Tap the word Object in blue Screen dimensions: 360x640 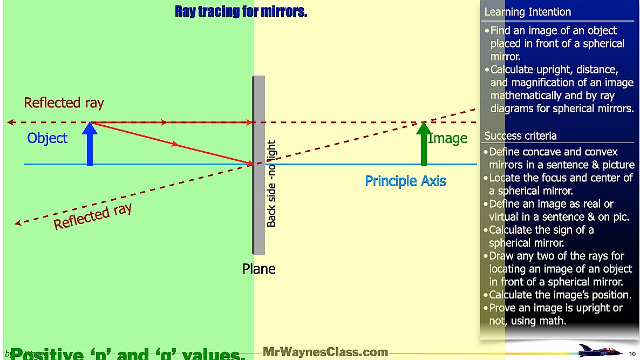point(47,138)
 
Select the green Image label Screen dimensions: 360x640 point(448,138)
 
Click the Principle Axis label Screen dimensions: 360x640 point(405,181)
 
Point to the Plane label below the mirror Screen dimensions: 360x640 point(258,269)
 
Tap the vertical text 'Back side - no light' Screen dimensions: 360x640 point(271,184)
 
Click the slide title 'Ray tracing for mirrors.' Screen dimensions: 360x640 point(241,11)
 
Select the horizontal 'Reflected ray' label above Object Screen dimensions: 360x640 point(64,103)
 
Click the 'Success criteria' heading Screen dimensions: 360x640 point(520,135)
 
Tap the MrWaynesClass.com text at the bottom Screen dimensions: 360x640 point(325,352)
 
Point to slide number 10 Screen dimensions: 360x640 point(632,354)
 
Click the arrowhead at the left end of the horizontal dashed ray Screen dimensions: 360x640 point(10,123)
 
